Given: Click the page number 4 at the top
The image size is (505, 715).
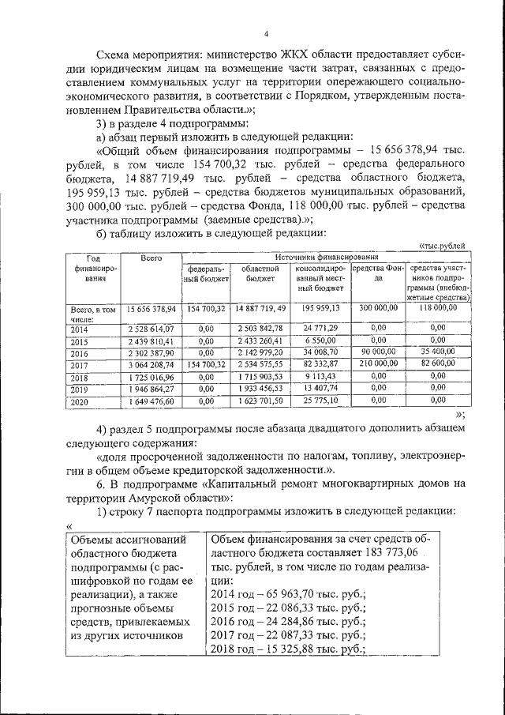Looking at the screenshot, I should pos(266,32).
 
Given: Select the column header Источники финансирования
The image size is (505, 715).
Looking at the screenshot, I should pos(326,258).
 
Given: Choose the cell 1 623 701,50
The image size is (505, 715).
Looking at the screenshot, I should pos(260,401).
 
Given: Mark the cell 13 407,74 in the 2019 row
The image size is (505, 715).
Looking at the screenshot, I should pos(320,389).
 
